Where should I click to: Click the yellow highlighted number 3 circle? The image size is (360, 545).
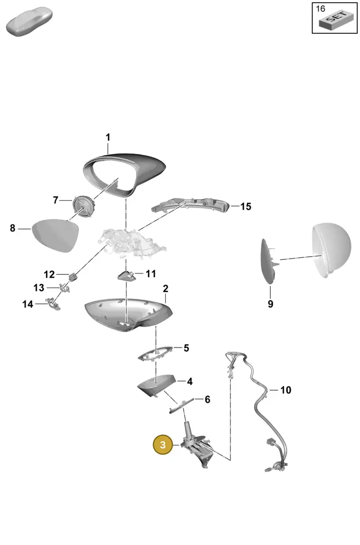point(163,445)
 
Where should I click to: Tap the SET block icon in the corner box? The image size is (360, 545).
point(336,20)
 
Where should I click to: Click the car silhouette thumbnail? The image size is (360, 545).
point(29,22)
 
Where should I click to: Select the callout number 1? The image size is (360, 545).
point(108,137)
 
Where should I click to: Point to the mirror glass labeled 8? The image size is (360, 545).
point(55,235)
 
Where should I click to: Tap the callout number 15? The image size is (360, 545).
point(246,207)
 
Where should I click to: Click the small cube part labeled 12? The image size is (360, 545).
point(73,277)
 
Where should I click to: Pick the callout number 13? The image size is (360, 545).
point(39,288)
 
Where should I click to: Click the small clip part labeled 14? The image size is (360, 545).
point(54,304)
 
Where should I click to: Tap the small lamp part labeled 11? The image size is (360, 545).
point(126,275)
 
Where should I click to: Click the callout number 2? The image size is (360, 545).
point(166,288)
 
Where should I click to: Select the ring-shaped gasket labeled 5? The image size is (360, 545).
point(155,354)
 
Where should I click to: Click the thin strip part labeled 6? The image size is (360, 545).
point(182,405)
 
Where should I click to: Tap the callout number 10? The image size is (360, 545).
point(286,390)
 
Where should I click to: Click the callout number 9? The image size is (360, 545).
point(270,304)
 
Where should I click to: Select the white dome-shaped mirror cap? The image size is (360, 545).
point(332,250)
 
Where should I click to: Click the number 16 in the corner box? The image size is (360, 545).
point(320,9)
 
